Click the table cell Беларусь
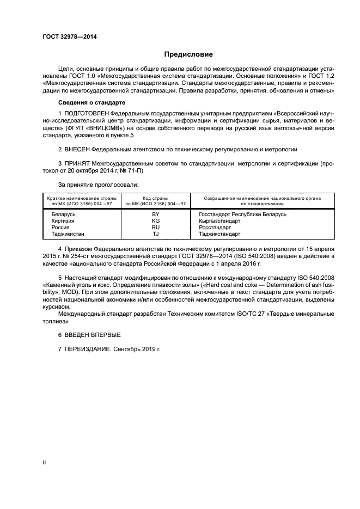[63, 215]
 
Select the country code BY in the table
[156, 215]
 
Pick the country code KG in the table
[156, 222]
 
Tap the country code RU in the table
[156, 228]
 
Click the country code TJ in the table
[156, 235]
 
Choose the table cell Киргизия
[63, 222]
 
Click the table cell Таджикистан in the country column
[67, 235]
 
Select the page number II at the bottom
[45, 462]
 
